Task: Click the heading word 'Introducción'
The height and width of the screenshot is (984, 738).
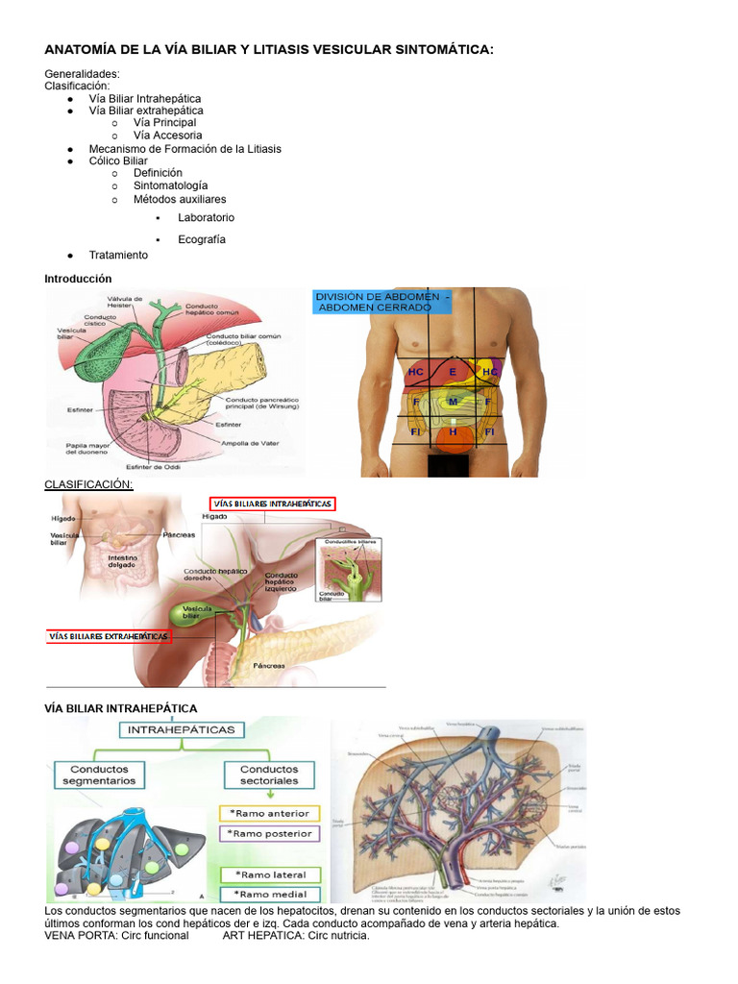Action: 78,279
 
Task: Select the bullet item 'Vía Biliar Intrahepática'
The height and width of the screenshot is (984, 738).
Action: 145,98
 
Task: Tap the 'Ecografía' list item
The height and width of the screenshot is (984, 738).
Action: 202,239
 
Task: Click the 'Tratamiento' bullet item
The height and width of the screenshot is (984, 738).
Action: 118,255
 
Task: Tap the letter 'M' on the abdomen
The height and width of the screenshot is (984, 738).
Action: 453,402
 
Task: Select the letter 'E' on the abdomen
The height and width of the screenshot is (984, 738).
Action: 453,371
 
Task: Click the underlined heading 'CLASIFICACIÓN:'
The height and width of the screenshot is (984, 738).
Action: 88,484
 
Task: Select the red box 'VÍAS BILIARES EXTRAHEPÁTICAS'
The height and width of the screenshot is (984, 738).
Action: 109,636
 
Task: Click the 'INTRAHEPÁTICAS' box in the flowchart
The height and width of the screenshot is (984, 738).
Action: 182,729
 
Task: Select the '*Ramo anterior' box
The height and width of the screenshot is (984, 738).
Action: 269,813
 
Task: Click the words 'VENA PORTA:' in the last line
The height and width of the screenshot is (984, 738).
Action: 75,935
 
